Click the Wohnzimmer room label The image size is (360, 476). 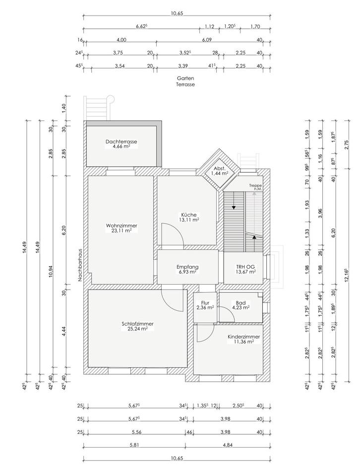tap(121, 226)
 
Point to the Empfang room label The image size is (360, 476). tap(187, 267)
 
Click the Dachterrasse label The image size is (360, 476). tap(121, 141)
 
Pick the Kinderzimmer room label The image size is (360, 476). tap(244, 337)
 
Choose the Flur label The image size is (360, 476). tap(205, 302)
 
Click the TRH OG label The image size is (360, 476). tap(245, 267)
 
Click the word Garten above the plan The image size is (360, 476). tap(185, 78)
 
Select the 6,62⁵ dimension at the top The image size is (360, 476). tap(142, 26)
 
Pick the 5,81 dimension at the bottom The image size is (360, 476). tap(134, 445)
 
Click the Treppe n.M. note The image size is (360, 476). tap(255, 187)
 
